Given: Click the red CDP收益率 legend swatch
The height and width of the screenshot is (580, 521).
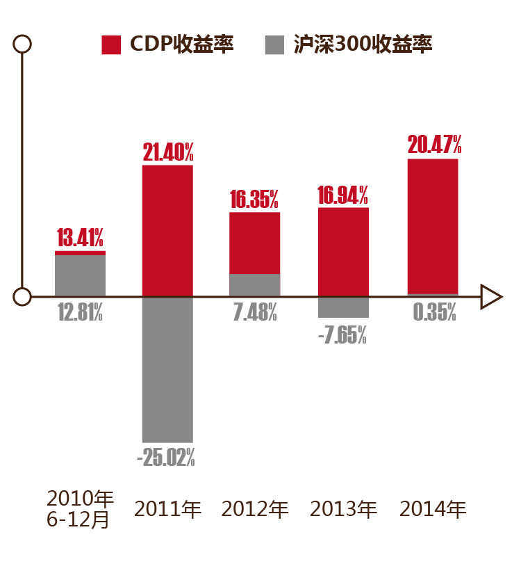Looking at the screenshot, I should point(112,45).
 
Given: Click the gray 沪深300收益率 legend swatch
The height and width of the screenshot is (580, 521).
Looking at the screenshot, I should point(275,45).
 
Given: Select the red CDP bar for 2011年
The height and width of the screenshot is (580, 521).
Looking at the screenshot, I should point(167,230).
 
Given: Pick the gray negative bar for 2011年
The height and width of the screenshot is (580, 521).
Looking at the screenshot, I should point(167,369).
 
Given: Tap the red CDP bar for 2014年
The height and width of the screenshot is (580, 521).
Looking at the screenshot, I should point(433,226).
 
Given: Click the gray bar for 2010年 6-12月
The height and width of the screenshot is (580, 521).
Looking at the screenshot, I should point(80,275).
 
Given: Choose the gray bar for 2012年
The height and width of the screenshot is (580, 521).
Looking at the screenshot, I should point(255,284).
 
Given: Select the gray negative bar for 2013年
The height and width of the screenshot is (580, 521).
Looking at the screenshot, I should point(343,307).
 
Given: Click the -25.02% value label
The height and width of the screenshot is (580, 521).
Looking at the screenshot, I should point(167,458).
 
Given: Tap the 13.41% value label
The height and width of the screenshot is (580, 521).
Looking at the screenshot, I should point(80,239).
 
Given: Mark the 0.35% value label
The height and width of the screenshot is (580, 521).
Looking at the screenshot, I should point(434,313).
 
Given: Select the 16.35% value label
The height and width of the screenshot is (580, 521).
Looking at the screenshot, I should point(254,200).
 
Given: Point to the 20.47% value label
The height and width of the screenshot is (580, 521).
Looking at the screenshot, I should point(434,145).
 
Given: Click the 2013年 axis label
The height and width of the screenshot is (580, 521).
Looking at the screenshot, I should point(343,509).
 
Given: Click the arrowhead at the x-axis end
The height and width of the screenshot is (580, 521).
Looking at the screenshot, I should point(491,297).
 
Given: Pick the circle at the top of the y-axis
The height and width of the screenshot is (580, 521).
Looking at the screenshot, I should point(23,44).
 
